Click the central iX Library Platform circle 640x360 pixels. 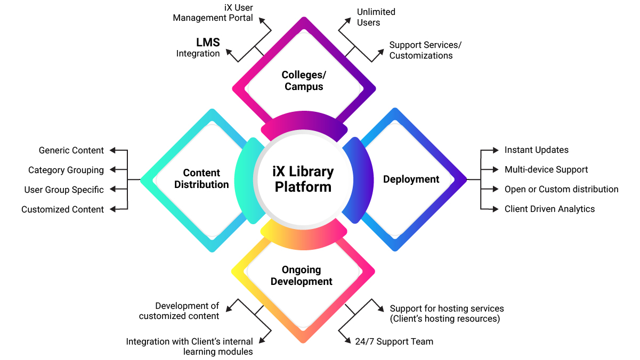coord(303,179)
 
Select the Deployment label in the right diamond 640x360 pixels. coord(411,179)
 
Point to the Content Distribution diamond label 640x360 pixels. coord(201,179)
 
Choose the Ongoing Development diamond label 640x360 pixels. coord(302,276)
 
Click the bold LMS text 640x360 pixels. coord(207,43)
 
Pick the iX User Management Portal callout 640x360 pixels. coord(213,13)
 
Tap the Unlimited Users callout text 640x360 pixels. coord(376,17)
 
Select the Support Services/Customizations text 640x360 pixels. coord(425,50)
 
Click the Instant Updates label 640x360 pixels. coord(536,150)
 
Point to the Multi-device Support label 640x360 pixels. coord(546,170)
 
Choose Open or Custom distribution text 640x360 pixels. coord(561,190)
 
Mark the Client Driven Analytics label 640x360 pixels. coord(549,209)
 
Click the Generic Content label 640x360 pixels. coord(71,151)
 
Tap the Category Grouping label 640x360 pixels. coord(66,170)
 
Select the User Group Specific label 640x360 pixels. coord(64,190)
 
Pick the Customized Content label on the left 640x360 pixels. coord(62,210)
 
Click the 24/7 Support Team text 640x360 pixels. coord(394,342)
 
